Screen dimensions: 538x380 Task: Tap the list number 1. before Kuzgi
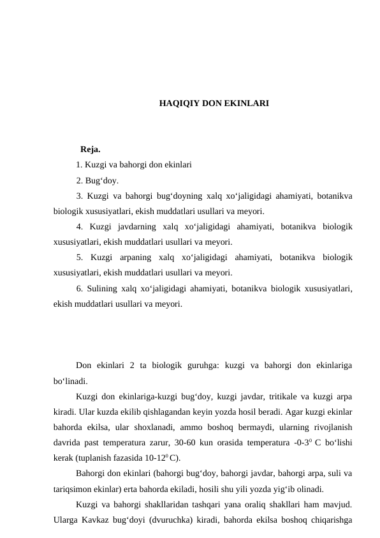click(79, 165)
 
